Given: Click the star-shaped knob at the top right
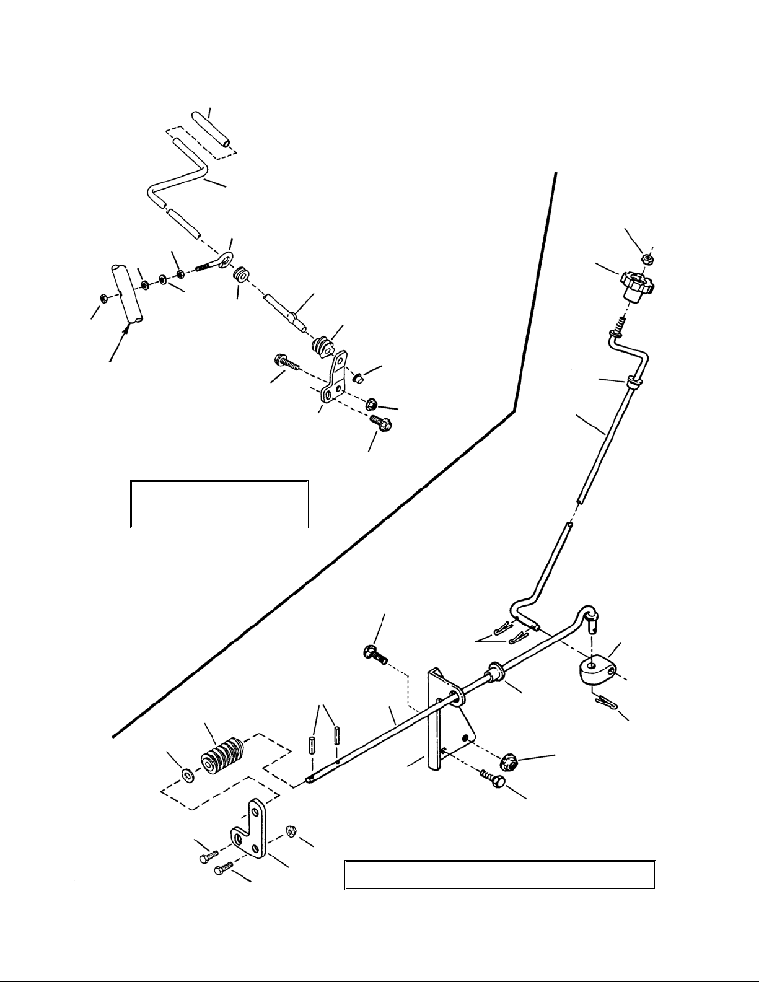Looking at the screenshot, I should pos(638,287).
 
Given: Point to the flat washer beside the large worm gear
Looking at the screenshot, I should pos(186,774).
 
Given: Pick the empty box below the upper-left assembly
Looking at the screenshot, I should pos(219,503).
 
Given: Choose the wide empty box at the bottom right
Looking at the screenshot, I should pos(499,875).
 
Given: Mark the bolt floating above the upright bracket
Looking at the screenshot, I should pos(374,654).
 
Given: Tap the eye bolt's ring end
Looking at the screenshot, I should pos(226,257).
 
